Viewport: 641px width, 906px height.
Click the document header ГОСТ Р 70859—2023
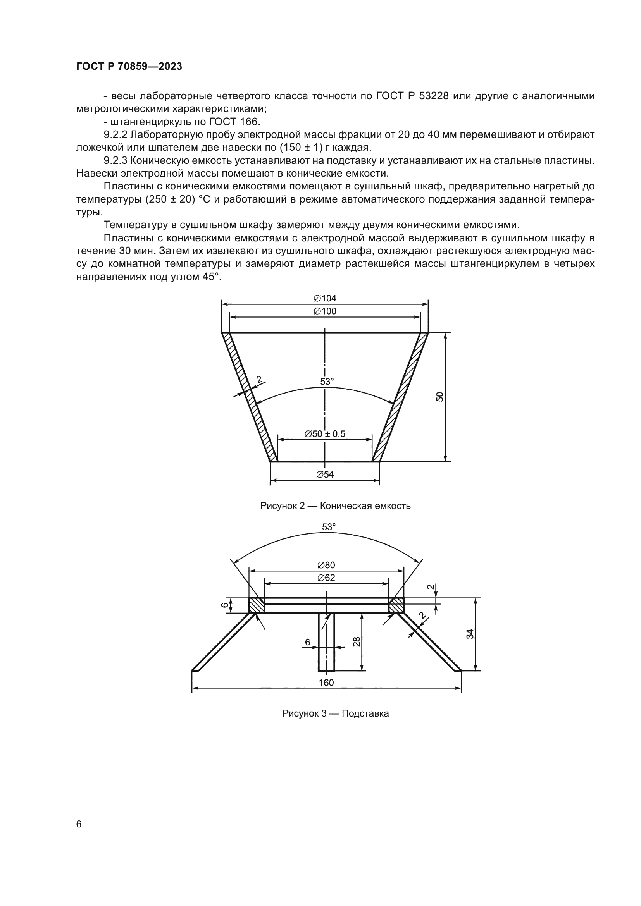pyautogui.click(x=129, y=66)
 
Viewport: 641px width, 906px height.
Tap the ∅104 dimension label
pyautogui.click(x=325, y=298)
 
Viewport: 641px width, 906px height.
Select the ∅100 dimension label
pyautogui.click(x=325, y=311)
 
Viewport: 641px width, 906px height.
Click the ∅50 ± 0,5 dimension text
pyautogui.click(x=325, y=434)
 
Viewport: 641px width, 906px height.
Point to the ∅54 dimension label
pyautogui.click(x=325, y=474)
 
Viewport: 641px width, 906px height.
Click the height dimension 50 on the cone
pyautogui.click(x=440, y=397)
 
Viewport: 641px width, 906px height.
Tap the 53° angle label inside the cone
pyautogui.click(x=327, y=382)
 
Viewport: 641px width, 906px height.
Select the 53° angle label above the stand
pyautogui.click(x=328, y=527)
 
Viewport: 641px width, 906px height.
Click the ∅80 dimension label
pyautogui.click(x=326, y=565)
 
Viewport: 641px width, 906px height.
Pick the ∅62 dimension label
pyautogui.click(x=326, y=578)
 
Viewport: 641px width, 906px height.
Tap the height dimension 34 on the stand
pyautogui.click(x=470, y=634)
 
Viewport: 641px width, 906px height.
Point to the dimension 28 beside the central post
pyautogui.click(x=357, y=641)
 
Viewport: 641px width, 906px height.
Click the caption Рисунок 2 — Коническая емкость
pyautogui.click(x=335, y=506)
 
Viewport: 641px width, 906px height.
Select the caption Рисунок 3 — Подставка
pyautogui.click(x=335, y=713)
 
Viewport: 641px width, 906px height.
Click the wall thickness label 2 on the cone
pyautogui.click(x=259, y=380)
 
